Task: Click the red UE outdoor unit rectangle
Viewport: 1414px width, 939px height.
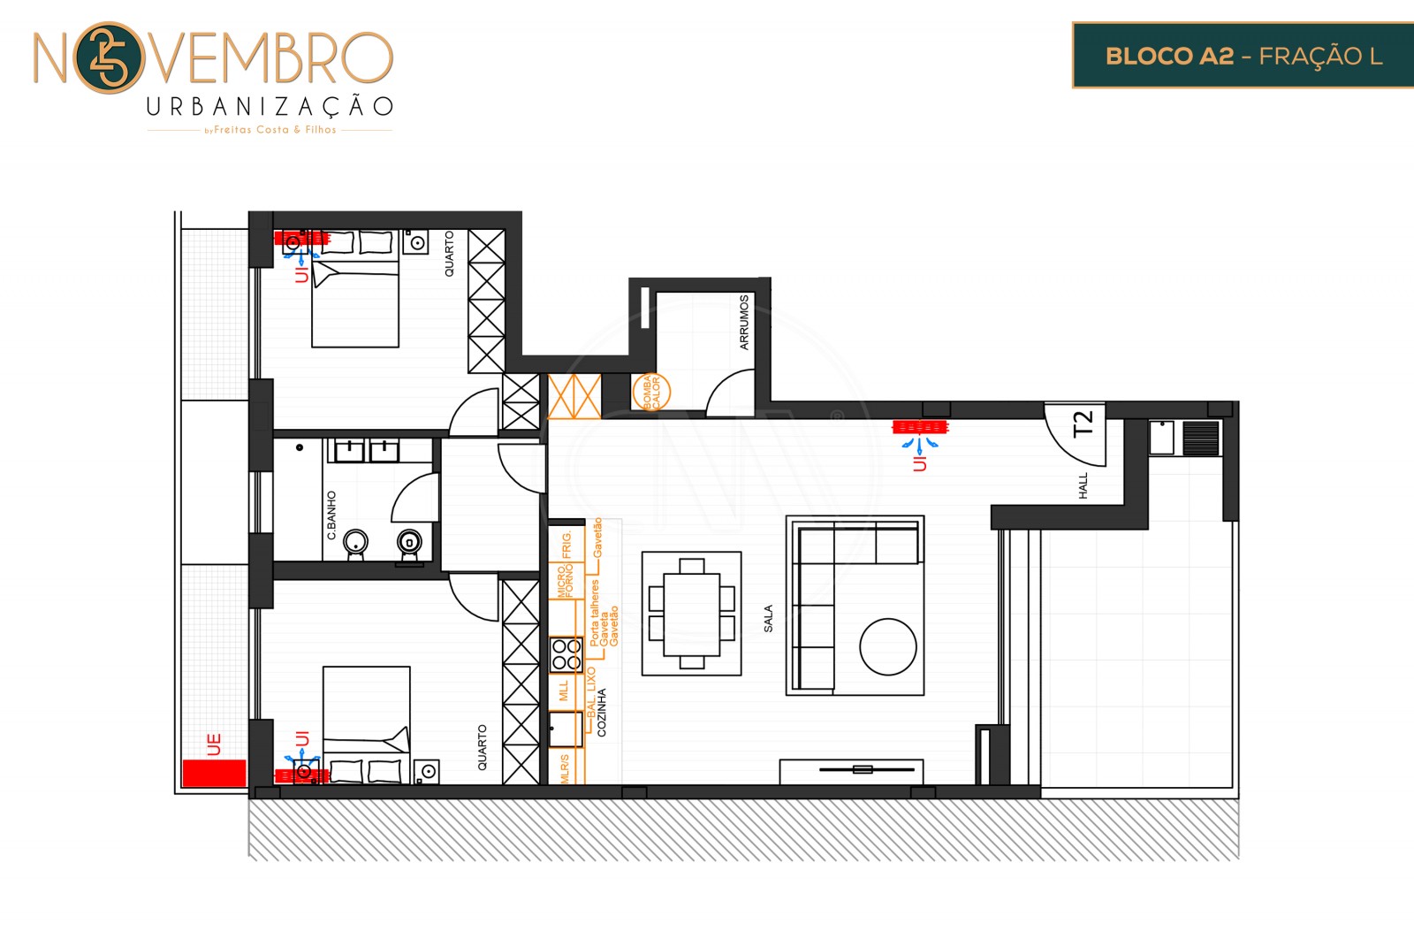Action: pos(214,773)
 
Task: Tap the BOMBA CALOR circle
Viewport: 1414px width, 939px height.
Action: pos(651,392)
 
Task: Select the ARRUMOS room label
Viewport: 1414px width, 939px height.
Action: pos(744,323)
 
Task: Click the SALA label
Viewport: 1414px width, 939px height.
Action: pos(768,618)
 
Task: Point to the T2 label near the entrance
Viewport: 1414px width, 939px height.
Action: pos(1083,424)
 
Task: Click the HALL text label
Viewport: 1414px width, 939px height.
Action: pos(1083,485)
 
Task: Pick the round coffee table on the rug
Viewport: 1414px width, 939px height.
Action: pos(887,647)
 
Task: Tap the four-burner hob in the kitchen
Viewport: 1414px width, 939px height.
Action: pos(566,654)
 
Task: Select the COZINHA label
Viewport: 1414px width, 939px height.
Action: pos(602,713)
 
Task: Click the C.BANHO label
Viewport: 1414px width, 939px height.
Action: pos(331,515)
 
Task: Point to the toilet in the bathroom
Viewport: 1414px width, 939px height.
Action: pos(409,542)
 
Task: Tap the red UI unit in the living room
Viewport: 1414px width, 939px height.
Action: pos(920,428)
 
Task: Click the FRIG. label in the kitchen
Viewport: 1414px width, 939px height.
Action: pos(566,545)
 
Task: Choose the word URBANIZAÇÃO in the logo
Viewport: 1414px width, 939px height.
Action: pos(270,107)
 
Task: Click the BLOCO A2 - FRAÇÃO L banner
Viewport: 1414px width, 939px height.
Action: pos(1243,56)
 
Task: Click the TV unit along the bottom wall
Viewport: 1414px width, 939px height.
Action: pos(851,770)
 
